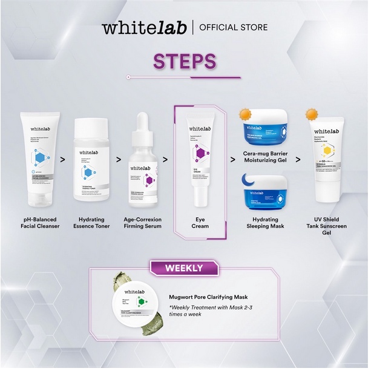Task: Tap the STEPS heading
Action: [x=185, y=61]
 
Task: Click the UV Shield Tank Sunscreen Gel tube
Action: [x=327, y=161]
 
